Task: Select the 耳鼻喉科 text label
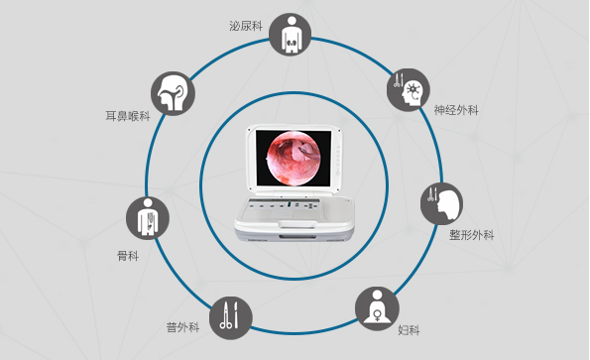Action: tap(128, 116)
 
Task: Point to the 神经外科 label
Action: tap(455, 110)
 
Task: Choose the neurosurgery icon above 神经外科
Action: tap(409, 88)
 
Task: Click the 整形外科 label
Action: tap(471, 235)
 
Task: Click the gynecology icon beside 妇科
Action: tap(377, 307)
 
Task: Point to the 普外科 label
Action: tap(183, 326)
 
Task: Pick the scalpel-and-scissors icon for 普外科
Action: tap(230, 317)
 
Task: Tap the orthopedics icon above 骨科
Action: tap(148, 218)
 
